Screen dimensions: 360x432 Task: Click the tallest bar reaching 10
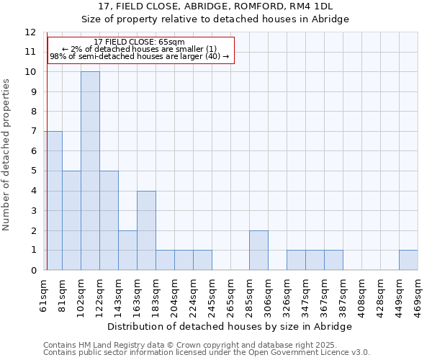click(90, 171)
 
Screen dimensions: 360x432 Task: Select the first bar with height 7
click(53, 200)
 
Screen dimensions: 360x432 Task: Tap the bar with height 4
click(146, 230)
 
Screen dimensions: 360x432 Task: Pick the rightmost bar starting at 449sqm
click(408, 260)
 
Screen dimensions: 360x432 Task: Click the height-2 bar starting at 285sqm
click(258, 251)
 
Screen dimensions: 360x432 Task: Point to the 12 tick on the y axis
click(30, 32)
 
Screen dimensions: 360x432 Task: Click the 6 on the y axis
click(33, 151)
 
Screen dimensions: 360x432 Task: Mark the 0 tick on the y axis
click(33, 270)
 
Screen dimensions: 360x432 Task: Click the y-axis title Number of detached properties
click(7, 155)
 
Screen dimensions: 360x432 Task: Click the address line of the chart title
click(215, 6)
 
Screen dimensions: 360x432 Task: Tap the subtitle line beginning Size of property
click(215, 19)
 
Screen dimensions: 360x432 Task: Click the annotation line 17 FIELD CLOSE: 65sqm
click(139, 42)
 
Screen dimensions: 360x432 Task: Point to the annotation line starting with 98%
click(139, 56)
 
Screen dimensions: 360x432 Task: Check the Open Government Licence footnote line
click(206, 352)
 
